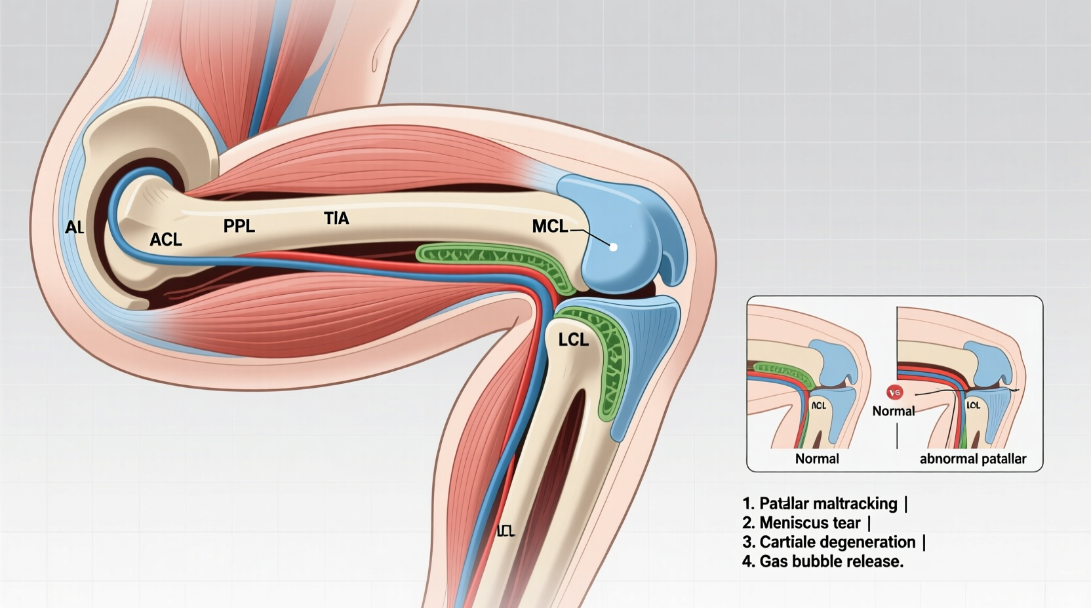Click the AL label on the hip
tap(74, 228)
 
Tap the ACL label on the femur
tap(165, 240)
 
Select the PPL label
tap(239, 226)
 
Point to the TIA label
tap(336, 218)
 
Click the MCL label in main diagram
tap(549, 227)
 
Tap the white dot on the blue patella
tap(614, 247)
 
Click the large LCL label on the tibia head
tap(573, 340)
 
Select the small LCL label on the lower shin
tap(506, 531)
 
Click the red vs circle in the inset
tap(894, 392)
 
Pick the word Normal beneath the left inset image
tap(816, 459)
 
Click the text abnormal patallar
tap(972, 459)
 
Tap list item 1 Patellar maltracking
tap(824, 504)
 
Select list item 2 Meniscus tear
tap(806, 523)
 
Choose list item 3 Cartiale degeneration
tap(833, 542)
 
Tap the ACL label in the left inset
tap(819, 406)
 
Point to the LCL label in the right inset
tap(974, 406)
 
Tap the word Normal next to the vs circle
tap(893, 411)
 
